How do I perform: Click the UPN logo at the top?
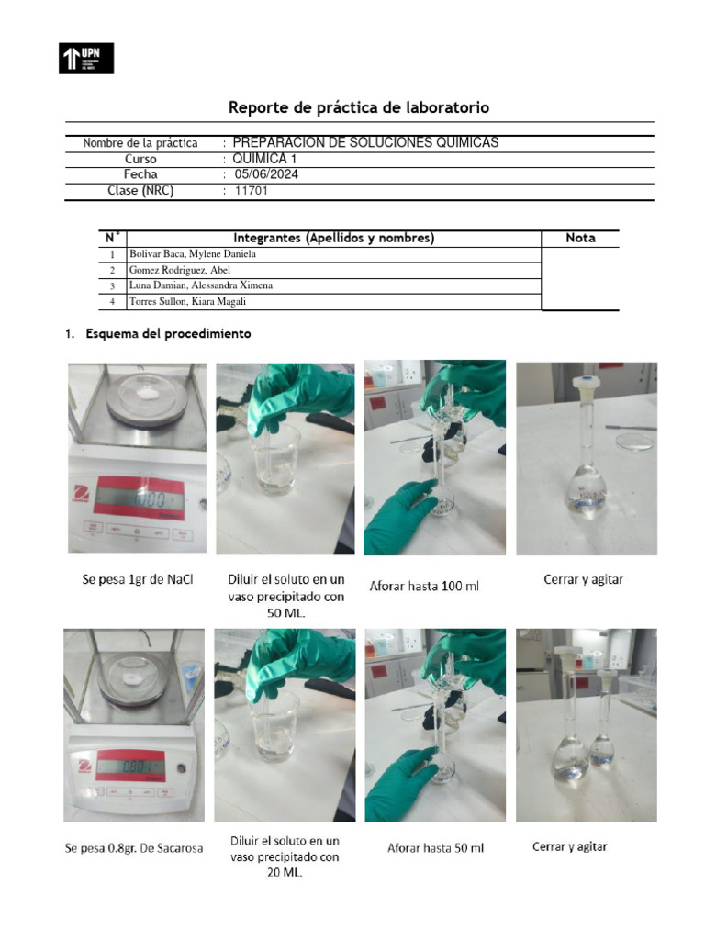point(86,58)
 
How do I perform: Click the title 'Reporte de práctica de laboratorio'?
point(359,107)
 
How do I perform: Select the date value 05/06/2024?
point(266,174)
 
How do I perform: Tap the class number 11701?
point(251,191)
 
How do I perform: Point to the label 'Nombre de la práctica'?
point(140,143)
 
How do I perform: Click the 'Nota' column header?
point(580,238)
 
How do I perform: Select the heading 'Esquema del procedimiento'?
point(168,334)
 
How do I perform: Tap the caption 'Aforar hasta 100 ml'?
point(424,585)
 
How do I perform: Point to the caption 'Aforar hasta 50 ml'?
point(435,848)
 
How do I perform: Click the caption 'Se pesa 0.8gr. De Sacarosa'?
point(133,848)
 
